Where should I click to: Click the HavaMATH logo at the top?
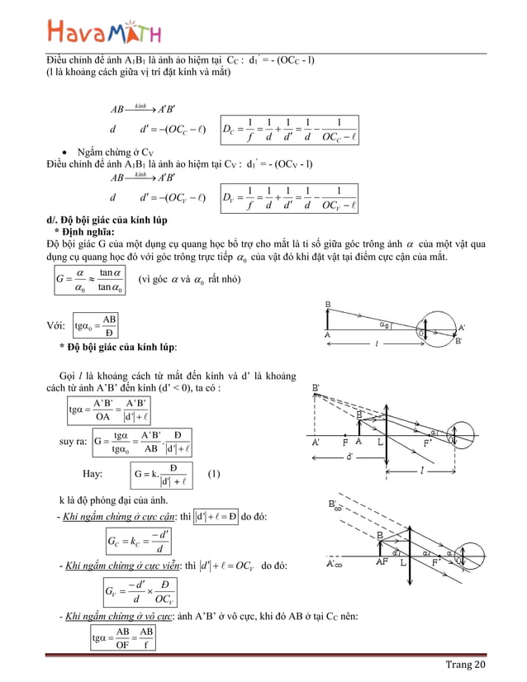coord(104,32)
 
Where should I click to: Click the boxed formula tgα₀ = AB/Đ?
coord(95,324)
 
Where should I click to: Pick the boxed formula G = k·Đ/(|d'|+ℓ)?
coord(164,475)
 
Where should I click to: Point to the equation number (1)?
coord(214,475)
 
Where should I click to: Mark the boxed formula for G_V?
coord(135,591)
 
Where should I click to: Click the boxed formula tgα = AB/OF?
coord(123,639)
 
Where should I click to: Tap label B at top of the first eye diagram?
coord(328,305)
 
